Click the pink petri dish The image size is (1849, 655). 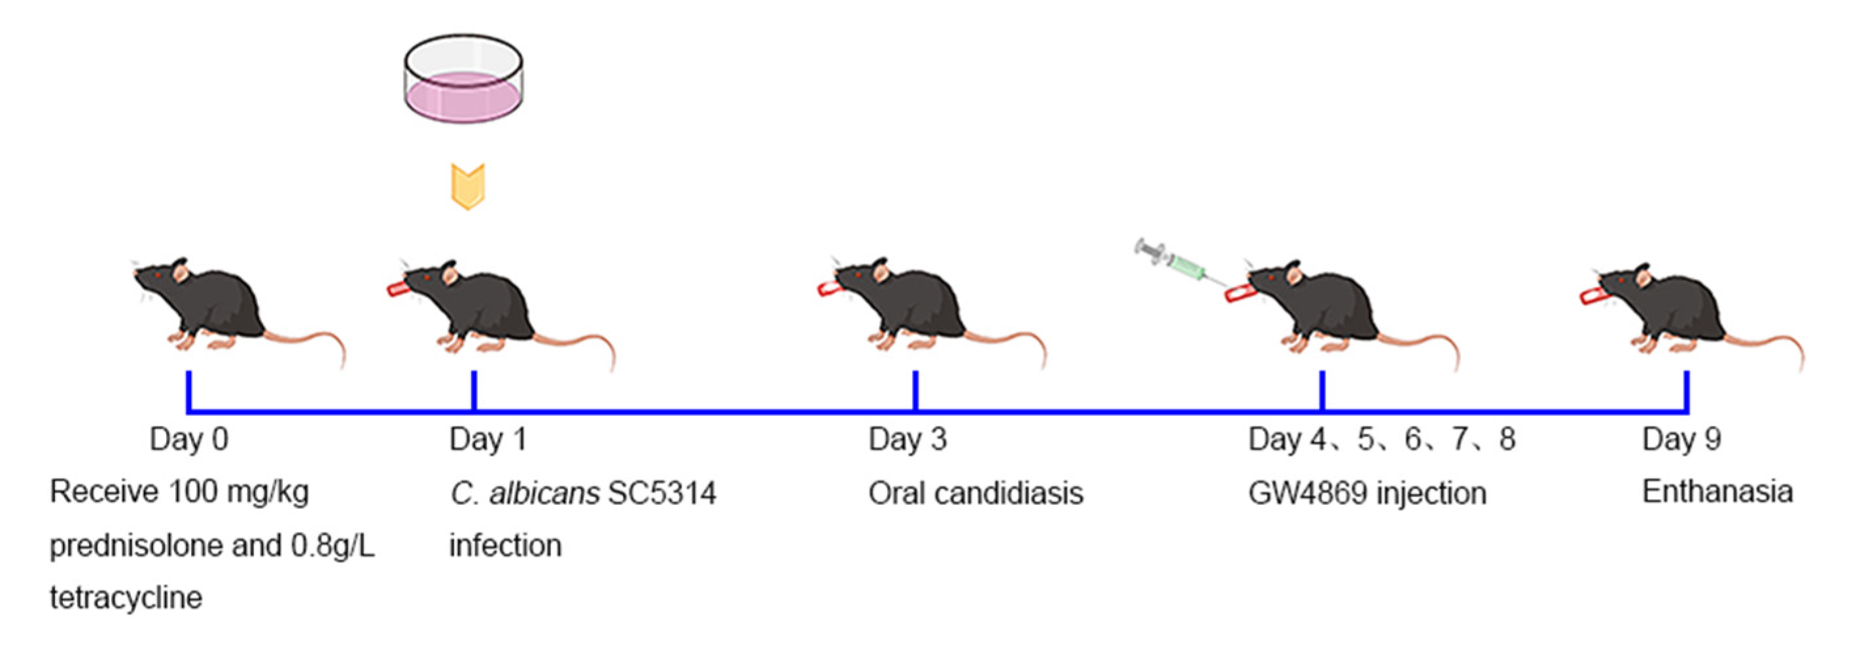pos(463,79)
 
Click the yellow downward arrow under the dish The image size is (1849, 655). pos(468,186)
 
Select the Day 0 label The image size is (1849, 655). pos(189,439)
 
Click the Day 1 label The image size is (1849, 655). pos(488,439)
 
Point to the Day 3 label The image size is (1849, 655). pos(907,439)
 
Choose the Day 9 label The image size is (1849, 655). pos(1681,439)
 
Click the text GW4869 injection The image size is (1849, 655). pos(1367,493)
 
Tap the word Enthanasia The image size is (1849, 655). pos(1717,492)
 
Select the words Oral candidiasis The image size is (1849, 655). pos(976,493)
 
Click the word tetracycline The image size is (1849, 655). pos(126,597)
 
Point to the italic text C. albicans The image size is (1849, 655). pos(525,493)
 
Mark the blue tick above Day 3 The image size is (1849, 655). pos(915,390)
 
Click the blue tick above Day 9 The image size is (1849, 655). pos(1686,390)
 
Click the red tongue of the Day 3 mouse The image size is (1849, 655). pos(828,289)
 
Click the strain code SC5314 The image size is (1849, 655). pos(661,493)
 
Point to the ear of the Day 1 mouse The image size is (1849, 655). pos(450,274)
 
